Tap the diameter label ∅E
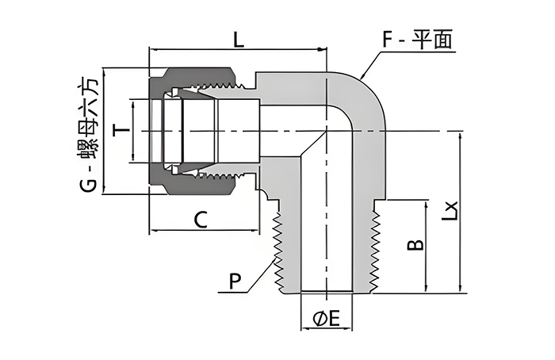326,320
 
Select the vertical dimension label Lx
450,211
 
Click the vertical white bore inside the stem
326,230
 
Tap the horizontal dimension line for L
238,49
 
